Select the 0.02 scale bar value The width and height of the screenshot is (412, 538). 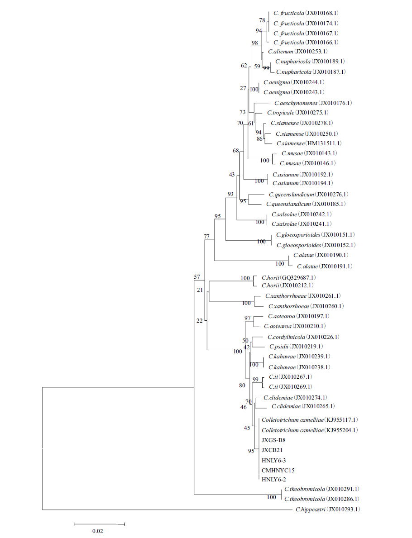click(x=97, y=531)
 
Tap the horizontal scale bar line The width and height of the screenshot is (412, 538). click(x=99, y=524)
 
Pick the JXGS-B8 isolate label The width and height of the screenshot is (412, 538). click(x=273, y=440)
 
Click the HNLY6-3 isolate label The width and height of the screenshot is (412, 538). click(x=274, y=460)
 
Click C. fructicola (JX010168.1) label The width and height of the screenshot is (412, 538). click(x=306, y=14)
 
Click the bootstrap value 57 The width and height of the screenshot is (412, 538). click(x=197, y=276)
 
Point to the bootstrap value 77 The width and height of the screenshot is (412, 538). click(x=207, y=236)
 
